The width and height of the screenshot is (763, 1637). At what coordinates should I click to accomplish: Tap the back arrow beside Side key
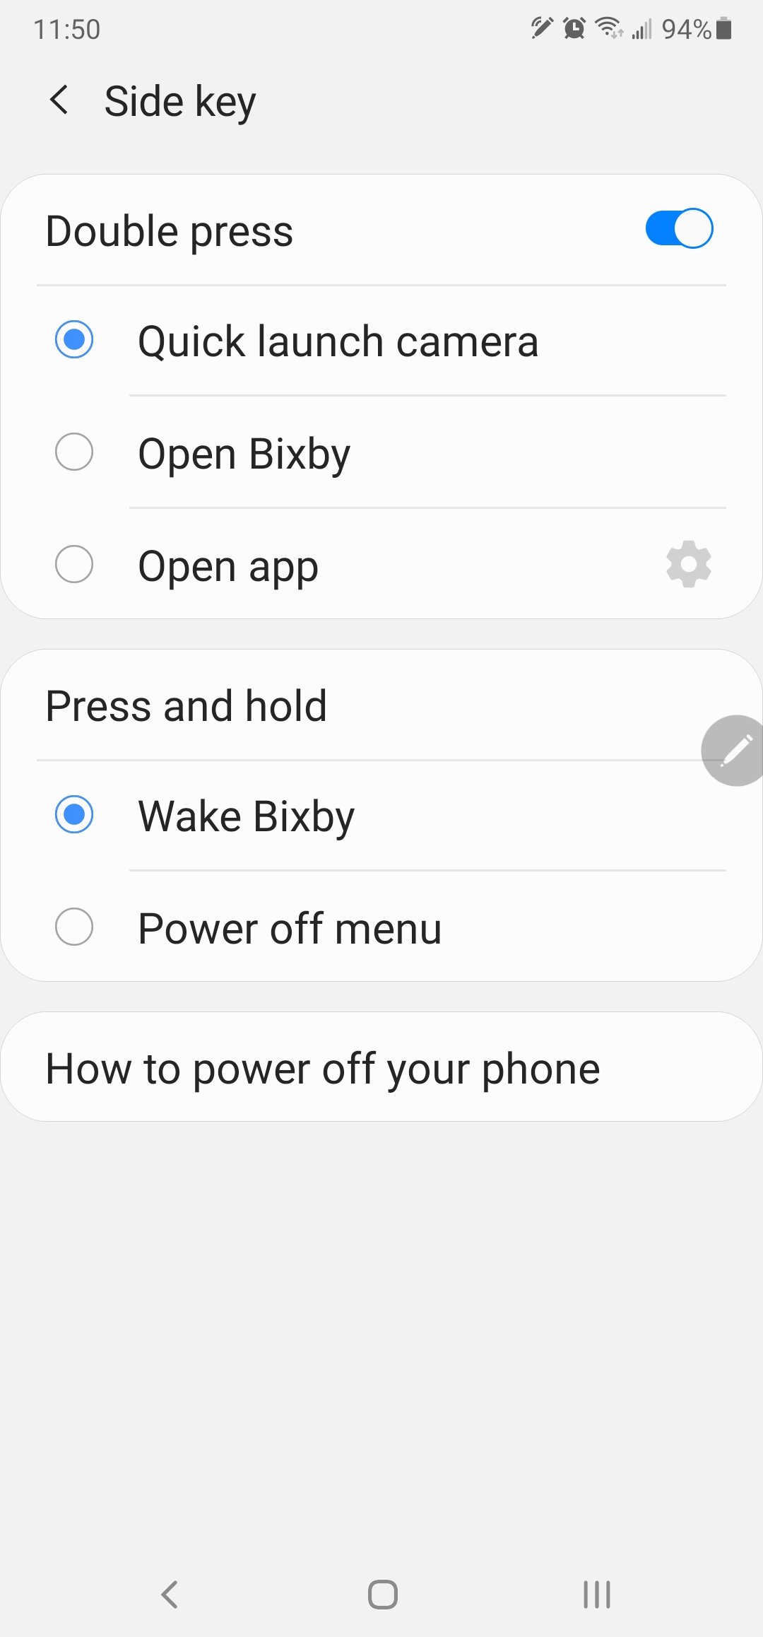[x=59, y=100]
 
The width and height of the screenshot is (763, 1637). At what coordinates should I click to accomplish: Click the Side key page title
[x=180, y=101]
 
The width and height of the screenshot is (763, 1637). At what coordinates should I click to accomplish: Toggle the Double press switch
[x=679, y=228]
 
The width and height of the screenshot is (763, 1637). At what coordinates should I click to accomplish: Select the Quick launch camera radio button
[x=74, y=339]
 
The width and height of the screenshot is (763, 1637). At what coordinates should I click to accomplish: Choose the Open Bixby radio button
[x=74, y=452]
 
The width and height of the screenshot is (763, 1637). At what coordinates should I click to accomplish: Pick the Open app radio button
[x=74, y=564]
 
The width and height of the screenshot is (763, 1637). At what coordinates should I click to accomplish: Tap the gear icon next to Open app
[x=688, y=564]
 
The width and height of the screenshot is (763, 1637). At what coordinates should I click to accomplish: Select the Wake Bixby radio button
[x=74, y=814]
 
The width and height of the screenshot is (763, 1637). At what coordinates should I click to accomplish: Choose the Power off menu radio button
[x=74, y=927]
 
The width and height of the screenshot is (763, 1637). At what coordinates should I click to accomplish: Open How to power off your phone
[x=323, y=1068]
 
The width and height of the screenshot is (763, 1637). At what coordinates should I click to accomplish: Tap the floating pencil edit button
[x=733, y=750]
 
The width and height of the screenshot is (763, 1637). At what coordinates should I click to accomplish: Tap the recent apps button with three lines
[x=597, y=1594]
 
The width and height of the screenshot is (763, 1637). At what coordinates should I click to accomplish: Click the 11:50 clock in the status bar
[x=67, y=30]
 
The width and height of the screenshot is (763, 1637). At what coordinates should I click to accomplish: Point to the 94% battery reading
[x=686, y=29]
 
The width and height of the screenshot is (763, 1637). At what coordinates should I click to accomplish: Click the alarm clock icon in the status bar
[x=574, y=28]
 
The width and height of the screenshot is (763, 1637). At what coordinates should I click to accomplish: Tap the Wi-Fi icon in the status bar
[x=609, y=28]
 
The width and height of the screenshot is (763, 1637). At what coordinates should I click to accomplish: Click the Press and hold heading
[x=187, y=705]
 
